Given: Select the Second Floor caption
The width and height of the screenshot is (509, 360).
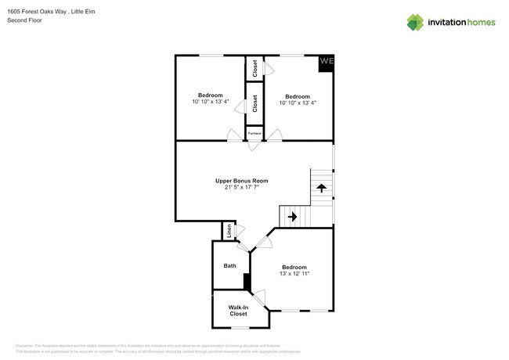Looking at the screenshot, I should point(24,20).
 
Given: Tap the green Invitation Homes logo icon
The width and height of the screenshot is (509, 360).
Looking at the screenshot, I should point(415,22).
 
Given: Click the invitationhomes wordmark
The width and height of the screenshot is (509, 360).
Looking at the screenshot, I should point(460,23).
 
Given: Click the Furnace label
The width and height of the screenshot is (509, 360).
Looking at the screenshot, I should point(254,134).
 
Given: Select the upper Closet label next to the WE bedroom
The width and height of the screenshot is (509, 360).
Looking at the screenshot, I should point(254,68).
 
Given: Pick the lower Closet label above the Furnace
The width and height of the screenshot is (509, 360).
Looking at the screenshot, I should point(254,104).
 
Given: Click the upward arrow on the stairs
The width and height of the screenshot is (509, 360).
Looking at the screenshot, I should point(321,188).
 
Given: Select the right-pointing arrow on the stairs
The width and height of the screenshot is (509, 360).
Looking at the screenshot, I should point(291,217).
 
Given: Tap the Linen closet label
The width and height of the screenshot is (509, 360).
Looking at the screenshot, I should point(229,232).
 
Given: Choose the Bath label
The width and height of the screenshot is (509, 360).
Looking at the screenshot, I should point(229,266).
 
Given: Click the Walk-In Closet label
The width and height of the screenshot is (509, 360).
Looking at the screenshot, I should point(238,311).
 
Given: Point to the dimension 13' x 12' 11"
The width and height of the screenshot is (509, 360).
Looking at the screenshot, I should point(294,273).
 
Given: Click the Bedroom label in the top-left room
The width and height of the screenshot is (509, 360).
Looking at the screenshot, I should point(210,95).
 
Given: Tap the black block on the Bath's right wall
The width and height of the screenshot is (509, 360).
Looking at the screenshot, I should point(247,282).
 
